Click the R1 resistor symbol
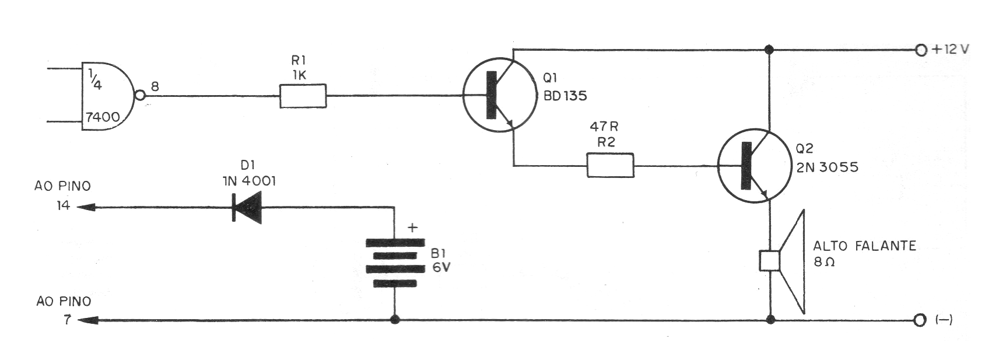pyautogui.click(x=303, y=96)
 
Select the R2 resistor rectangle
pyautogui.click(x=609, y=166)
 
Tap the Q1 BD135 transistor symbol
pyautogui.click(x=500, y=95)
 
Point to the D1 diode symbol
pyautogui.click(x=247, y=207)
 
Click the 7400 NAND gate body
pyautogui.click(x=105, y=96)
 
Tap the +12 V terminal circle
pyautogui.click(x=921, y=50)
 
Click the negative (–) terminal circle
pyautogui.click(x=921, y=320)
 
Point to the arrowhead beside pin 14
pyautogui.click(x=86, y=207)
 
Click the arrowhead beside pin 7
pyautogui.click(x=86, y=320)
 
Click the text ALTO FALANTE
pyautogui.click(x=864, y=246)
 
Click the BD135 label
pyautogui.click(x=565, y=96)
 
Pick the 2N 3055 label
pyautogui.click(x=827, y=167)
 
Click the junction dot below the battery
pyautogui.click(x=395, y=320)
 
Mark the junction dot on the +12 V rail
pyautogui.click(x=770, y=50)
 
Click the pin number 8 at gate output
pyautogui.click(x=155, y=86)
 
